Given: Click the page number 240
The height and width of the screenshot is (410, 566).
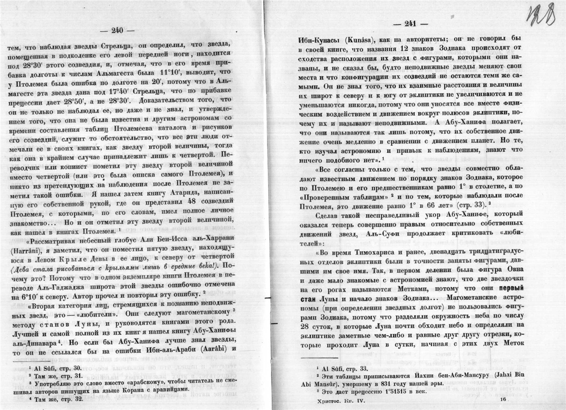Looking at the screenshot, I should [x=117, y=30].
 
